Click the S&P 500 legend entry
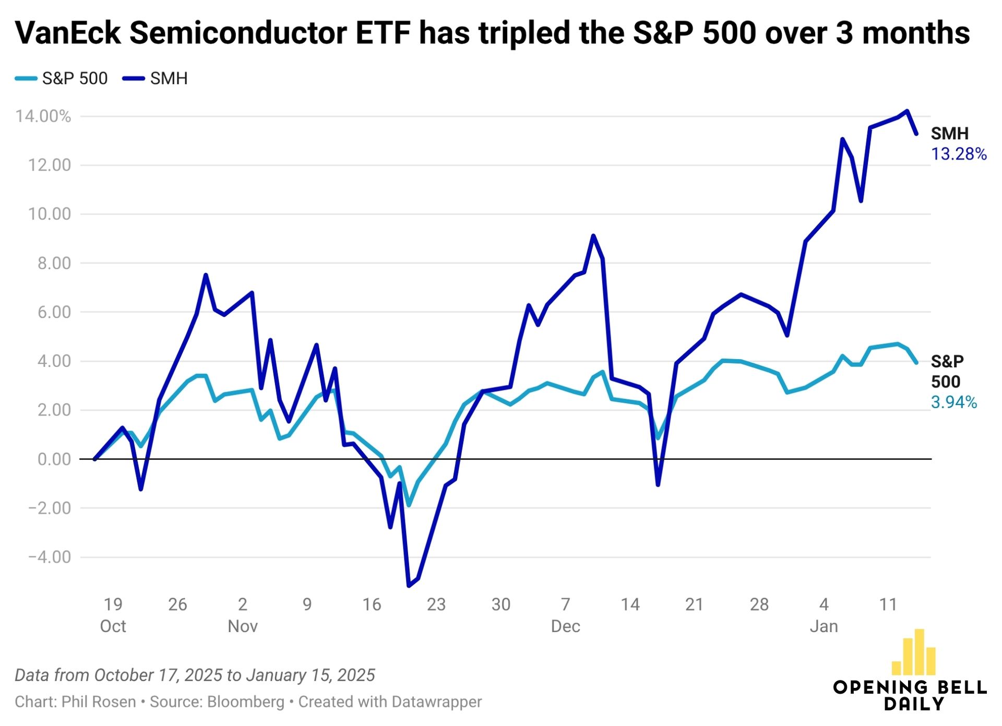[62, 78]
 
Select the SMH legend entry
[156, 78]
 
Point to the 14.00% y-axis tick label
[43, 116]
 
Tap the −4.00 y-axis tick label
[49, 557]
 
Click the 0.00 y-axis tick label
[54, 459]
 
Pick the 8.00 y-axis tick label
[54, 263]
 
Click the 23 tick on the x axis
[436, 604]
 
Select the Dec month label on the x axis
[565, 626]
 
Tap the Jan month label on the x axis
[824, 626]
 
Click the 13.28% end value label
[959, 154]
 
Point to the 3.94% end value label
[953, 402]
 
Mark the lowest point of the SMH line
[409, 586]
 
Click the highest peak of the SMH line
[907, 111]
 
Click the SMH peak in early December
[593, 235]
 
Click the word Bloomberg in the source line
[246, 702]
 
